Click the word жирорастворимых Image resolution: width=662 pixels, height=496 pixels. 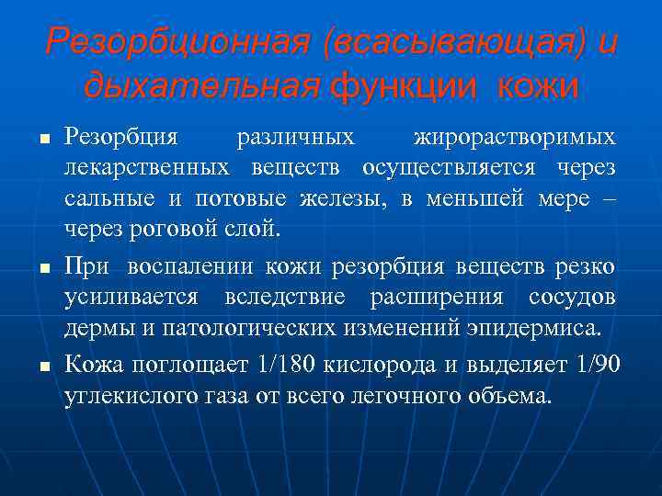(515, 138)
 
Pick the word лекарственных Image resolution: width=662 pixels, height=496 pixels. (147, 169)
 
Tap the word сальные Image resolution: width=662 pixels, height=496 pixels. (102, 199)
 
